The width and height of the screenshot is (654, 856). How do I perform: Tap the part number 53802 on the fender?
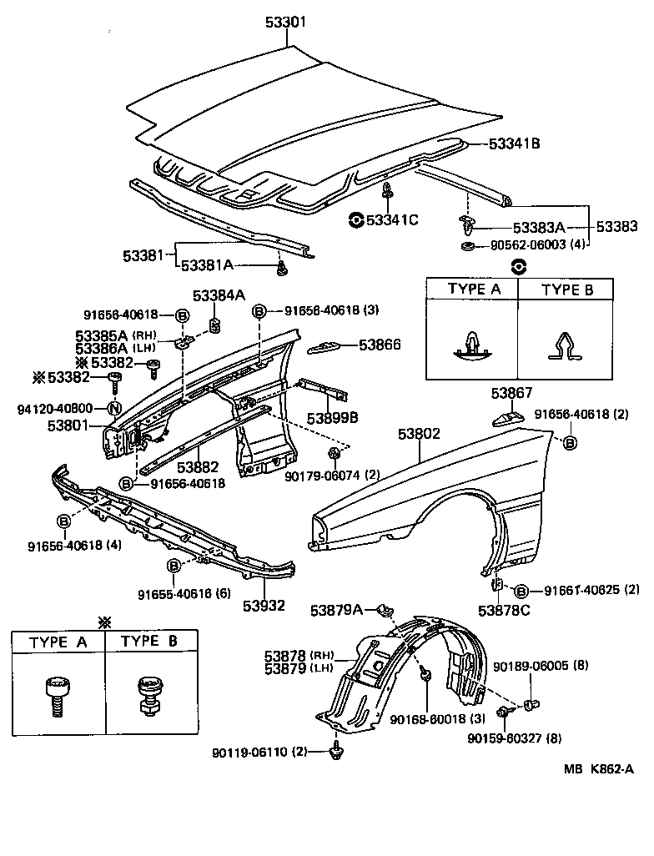click(x=419, y=435)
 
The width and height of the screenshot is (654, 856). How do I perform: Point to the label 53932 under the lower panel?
click(x=264, y=605)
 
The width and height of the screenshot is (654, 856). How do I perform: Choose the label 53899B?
click(x=332, y=417)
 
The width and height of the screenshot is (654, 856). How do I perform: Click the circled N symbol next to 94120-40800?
click(x=113, y=408)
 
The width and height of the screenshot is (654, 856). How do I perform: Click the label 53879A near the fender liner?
click(x=337, y=611)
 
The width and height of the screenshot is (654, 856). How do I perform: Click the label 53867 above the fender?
click(x=511, y=393)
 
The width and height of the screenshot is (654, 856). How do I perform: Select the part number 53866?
click(x=380, y=344)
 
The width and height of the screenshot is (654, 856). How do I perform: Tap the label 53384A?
click(x=219, y=295)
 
